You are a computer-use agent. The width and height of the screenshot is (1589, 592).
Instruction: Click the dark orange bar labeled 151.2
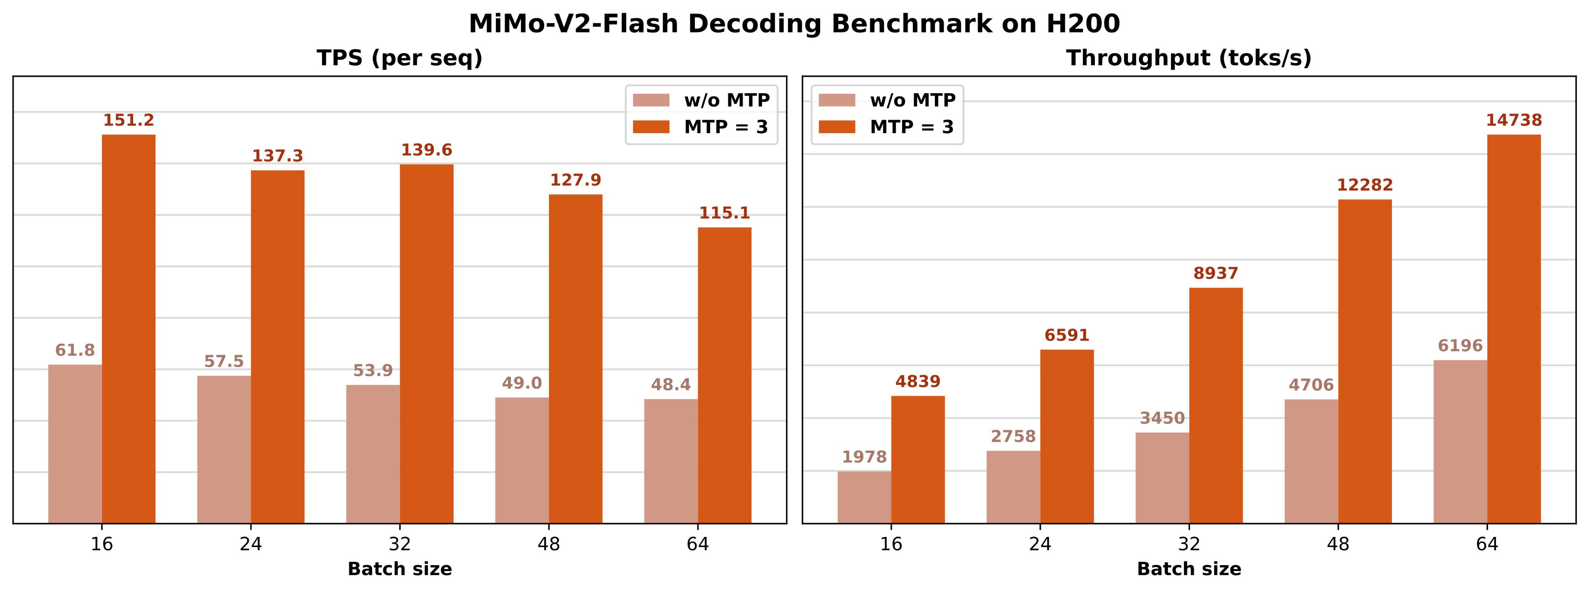point(128,329)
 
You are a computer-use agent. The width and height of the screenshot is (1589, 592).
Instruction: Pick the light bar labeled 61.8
point(75,444)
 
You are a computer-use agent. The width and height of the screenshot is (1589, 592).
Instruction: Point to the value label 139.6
point(426,150)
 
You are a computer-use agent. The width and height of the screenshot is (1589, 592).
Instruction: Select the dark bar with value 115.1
point(725,376)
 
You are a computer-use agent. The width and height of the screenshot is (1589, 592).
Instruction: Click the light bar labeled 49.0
point(522,460)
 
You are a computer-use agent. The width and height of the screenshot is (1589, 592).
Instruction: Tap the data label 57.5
point(224,361)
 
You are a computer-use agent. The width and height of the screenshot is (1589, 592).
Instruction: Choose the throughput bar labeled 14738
point(1514,329)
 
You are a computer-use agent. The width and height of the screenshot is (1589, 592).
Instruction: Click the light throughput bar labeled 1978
point(864,497)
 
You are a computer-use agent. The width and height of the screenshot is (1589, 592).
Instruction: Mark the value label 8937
point(1216,273)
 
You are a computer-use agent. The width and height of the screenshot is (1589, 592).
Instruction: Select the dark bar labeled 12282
point(1365,361)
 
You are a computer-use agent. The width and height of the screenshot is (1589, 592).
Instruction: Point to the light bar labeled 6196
point(1460,441)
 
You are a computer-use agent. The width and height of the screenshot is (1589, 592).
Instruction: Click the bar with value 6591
point(1067,436)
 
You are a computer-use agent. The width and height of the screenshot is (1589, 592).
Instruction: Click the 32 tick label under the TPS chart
point(400,544)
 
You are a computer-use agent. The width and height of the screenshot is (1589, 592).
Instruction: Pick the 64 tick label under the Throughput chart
point(1487,544)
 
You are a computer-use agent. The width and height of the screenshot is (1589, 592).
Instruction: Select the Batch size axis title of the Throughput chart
point(1189,569)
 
